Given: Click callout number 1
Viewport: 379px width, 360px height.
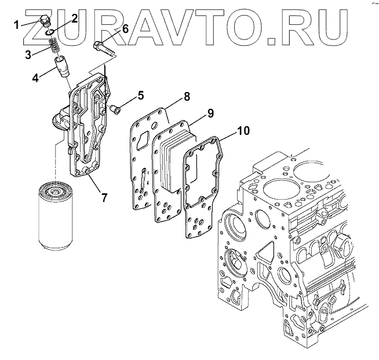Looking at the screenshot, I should [17, 24].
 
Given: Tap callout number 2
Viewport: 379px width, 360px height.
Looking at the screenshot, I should [75, 18].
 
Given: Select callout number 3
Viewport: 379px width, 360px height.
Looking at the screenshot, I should [27, 55].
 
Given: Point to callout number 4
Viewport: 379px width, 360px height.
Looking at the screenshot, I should [35, 77].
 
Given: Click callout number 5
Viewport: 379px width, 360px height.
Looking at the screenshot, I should [140, 95].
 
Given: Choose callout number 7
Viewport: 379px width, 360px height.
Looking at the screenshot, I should [104, 197].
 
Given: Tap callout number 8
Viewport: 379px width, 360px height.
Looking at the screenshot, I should [187, 98].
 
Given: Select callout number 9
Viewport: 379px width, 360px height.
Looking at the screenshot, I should [210, 114].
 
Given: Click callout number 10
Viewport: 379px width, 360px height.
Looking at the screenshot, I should [243, 131].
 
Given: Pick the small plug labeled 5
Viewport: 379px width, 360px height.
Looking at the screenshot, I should [116, 107].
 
